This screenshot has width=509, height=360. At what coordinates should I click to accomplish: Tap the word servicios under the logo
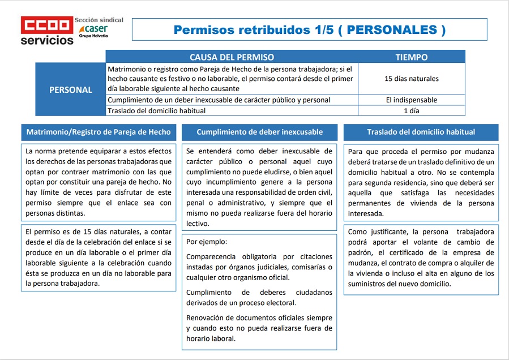tap(47, 40)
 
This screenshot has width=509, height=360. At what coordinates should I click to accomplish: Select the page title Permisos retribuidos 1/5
tap(309, 30)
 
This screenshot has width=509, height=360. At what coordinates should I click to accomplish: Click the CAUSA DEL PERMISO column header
tap(232, 57)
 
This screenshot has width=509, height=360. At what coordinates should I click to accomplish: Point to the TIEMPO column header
tap(412, 57)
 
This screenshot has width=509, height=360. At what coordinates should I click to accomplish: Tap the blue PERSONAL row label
tap(71, 89)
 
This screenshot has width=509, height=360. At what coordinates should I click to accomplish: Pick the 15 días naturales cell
tap(412, 79)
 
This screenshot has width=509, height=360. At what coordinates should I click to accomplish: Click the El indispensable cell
tap(412, 100)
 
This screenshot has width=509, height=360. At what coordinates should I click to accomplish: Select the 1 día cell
tap(412, 111)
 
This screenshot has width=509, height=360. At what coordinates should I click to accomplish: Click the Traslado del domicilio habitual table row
tap(157, 111)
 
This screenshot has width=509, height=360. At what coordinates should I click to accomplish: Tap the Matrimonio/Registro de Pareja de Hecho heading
tap(99, 132)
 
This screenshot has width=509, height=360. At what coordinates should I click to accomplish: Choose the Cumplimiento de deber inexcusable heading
tap(260, 132)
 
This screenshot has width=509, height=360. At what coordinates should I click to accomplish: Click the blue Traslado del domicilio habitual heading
tap(421, 132)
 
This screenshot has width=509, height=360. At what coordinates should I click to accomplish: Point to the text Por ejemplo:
tap(207, 242)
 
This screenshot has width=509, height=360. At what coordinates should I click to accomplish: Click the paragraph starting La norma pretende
tap(99, 182)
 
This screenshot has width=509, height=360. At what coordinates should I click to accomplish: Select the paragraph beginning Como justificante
tap(421, 258)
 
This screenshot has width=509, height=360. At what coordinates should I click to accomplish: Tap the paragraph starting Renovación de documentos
tap(259, 328)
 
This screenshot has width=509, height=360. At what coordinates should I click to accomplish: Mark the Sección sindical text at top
tap(99, 20)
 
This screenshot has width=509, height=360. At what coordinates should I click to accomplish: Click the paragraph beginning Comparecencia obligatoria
tap(259, 267)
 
